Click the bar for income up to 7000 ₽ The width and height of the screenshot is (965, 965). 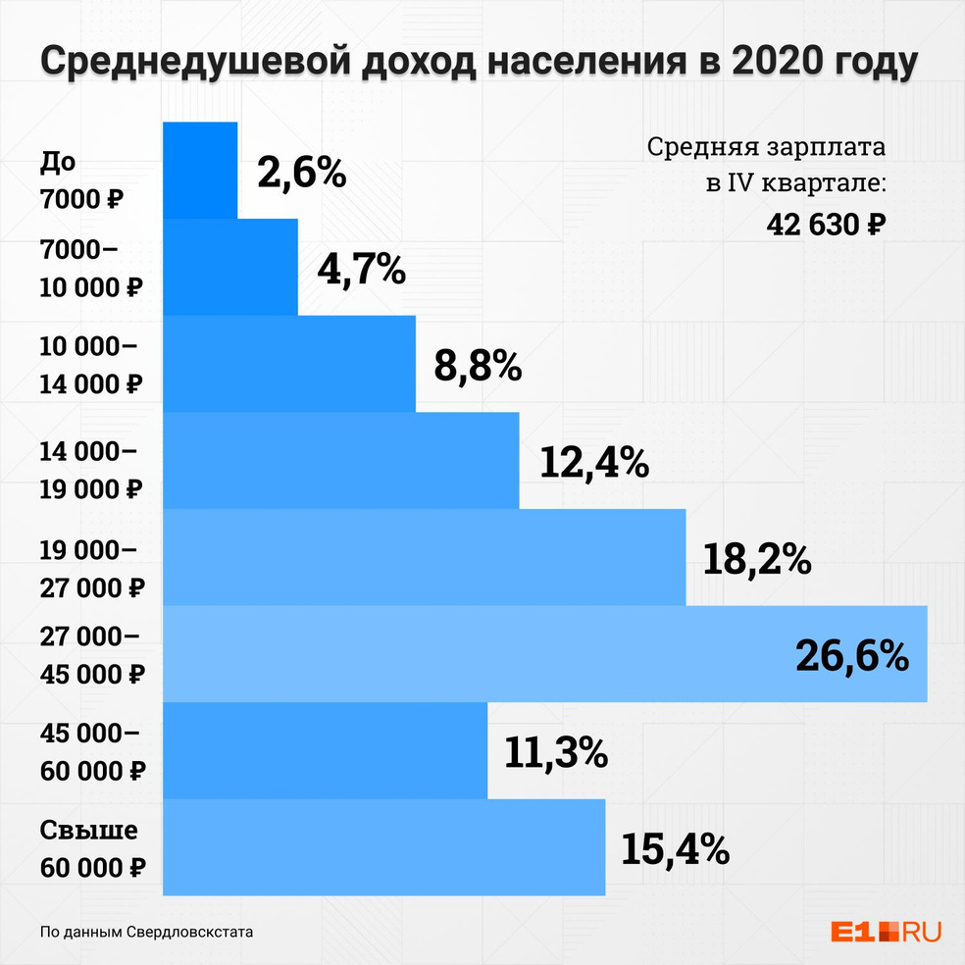pos(199,170)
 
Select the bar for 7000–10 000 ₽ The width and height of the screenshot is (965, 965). pos(229,267)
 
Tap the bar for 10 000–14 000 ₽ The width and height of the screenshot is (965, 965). pos(288,363)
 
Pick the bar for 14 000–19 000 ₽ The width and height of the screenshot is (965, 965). pos(340,460)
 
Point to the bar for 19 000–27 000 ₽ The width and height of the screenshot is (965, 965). pos(424,557)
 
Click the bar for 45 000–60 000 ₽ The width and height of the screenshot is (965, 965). pos(325,750)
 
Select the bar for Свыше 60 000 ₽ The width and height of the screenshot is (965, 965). pos(383,847)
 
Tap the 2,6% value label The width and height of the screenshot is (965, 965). pos(302,174)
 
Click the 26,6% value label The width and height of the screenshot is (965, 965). pos(851,656)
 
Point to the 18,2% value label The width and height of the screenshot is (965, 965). pos(756,559)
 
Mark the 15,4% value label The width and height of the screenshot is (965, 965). pos(675,848)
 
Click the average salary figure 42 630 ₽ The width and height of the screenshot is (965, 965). pos(826,224)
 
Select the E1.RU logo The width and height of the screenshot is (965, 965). pos(885,932)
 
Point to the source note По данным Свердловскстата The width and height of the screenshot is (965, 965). pos(146,932)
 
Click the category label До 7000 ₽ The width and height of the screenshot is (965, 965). pos(82,180)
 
